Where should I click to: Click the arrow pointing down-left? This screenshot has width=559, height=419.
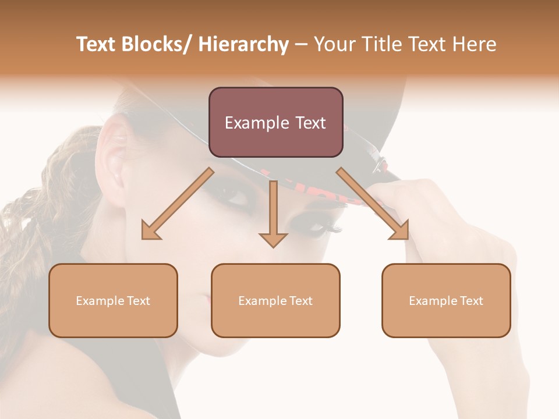pyautogui.click(x=178, y=204)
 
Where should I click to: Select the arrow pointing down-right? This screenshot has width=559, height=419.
pyautogui.click(x=373, y=204)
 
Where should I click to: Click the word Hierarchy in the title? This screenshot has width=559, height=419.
pyautogui.click(x=243, y=45)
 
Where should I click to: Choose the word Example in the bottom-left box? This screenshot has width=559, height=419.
pyautogui.click(x=99, y=301)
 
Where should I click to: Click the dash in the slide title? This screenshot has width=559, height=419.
pyautogui.click(x=301, y=45)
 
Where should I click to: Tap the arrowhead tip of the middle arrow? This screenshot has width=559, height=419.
pyautogui.click(x=273, y=246)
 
